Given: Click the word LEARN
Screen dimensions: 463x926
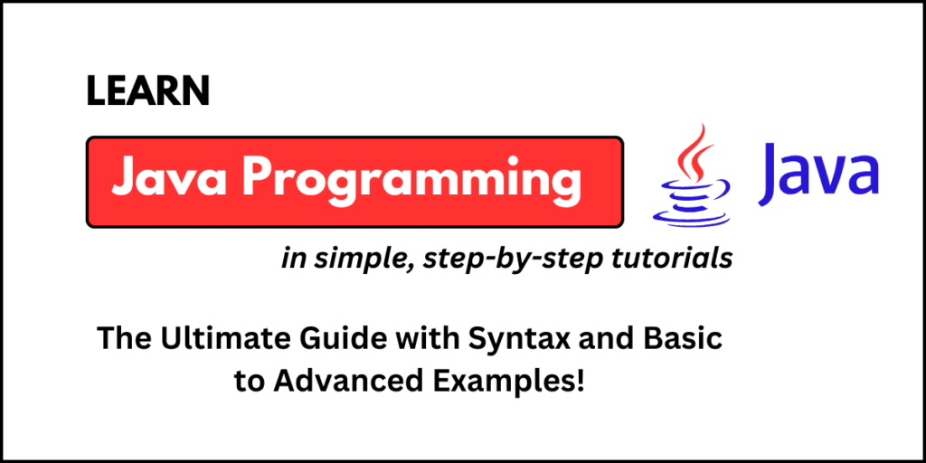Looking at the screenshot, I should click(148, 91).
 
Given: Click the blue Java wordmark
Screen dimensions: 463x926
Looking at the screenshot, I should click(819, 172).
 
